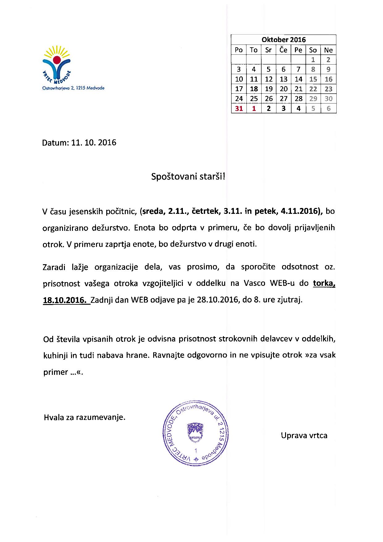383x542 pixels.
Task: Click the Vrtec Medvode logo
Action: click(x=57, y=65)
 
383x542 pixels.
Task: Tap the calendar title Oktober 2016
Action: click(x=284, y=40)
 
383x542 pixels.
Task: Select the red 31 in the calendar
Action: click(x=239, y=108)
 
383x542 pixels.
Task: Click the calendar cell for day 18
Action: click(x=254, y=89)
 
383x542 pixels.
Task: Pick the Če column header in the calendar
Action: click(x=284, y=50)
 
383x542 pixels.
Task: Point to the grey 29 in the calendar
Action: click(x=313, y=99)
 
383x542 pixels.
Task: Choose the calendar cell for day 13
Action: click(x=284, y=79)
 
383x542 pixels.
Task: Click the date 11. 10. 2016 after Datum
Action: click(x=94, y=142)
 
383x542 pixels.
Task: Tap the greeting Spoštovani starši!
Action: click(x=188, y=177)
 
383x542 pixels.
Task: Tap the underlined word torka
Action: click(x=324, y=283)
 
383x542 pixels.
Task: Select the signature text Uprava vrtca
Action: click(x=304, y=435)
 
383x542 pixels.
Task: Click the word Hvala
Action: click(x=53, y=417)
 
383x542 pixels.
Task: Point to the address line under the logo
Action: click(x=73, y=88)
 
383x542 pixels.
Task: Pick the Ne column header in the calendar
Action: click(x=328, y=50)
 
